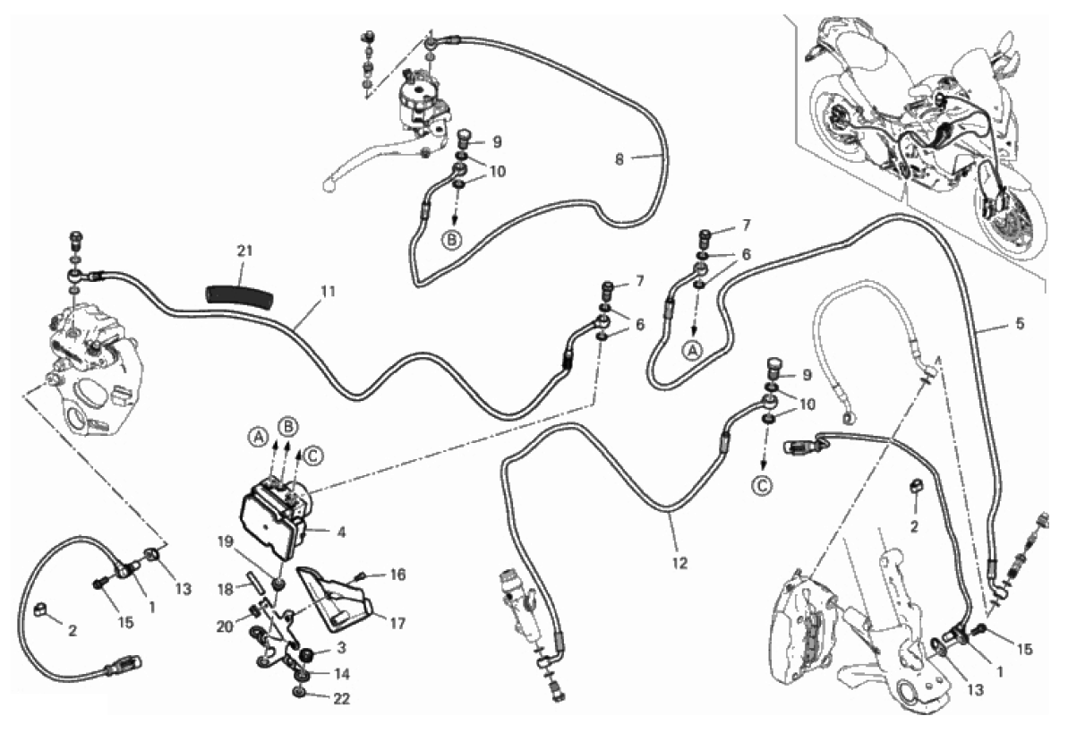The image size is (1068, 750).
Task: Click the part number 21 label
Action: (x=244, y=251)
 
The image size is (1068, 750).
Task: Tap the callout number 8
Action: (x=619, y=159)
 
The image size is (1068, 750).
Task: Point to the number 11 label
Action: (x=328, y=292)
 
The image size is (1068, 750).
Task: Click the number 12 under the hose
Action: (x=679, y=563)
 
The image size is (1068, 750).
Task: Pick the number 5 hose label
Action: (x=1020, y=324)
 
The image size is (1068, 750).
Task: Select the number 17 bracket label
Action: (x=397, y=623)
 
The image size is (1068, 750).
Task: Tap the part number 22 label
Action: (x=341, y=699)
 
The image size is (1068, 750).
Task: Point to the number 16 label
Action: (x=397, y=575)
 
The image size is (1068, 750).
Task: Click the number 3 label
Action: (x=341, y=647)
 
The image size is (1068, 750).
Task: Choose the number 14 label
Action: (x=341, y=674)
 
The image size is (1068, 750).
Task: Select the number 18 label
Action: (x=226, y=589)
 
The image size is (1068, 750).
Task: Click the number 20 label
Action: (x=225, y=626)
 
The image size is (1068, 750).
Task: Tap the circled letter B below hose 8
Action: (x=452, y=239)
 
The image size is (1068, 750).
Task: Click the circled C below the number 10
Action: (x=763, y=485)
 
